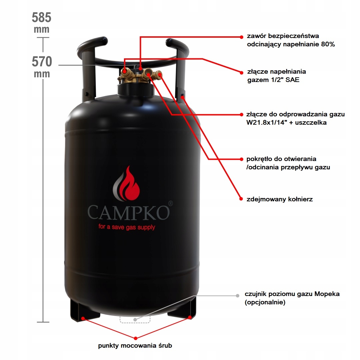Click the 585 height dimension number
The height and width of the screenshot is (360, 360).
click(x=42, y=17)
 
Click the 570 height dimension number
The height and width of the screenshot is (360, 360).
click(x=42, y=62)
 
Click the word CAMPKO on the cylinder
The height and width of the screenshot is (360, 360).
click(x=128, y=212)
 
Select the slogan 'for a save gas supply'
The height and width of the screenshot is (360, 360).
click(x=127, y=227)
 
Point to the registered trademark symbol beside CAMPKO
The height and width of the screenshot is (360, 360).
click(x=170, y=203)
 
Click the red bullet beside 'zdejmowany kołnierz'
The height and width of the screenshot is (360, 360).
click(x=241, y=199)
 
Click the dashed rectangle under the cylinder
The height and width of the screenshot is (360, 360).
click(x=135, y=319)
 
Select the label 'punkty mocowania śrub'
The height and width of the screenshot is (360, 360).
click(x=135, y=346)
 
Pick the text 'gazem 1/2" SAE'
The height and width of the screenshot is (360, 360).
click(x=269, y=80)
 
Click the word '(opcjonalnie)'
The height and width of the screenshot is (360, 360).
click(x=265, y=303)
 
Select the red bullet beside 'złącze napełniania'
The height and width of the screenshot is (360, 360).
click(x=241, y=72)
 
